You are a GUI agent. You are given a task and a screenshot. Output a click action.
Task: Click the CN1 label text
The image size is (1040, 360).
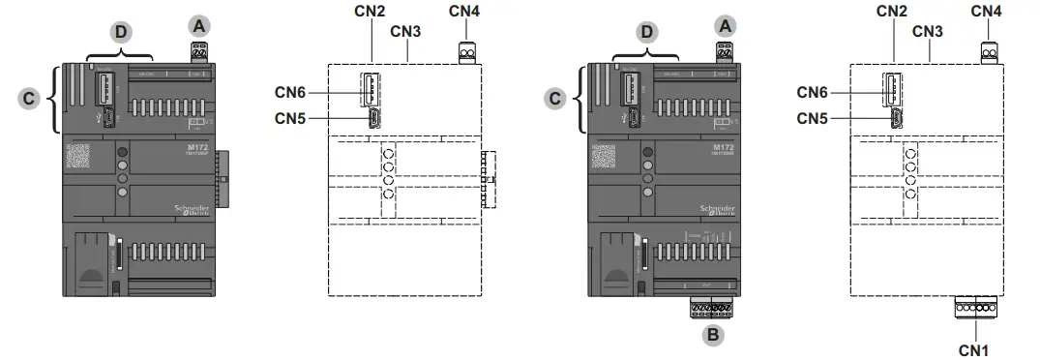[974, 347]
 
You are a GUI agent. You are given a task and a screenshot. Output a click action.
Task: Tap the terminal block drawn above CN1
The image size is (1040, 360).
[974, 309]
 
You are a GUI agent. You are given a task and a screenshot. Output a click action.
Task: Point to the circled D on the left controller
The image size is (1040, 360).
[120, 32]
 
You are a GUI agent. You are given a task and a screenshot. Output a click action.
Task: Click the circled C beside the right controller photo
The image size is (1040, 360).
[554, 97]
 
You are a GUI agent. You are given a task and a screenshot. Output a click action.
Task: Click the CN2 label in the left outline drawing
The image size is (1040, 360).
[371, 12]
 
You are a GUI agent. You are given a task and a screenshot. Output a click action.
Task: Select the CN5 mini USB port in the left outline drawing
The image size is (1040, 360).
[372, 119]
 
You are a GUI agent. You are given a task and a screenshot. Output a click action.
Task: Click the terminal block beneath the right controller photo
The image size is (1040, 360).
[712, 307]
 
